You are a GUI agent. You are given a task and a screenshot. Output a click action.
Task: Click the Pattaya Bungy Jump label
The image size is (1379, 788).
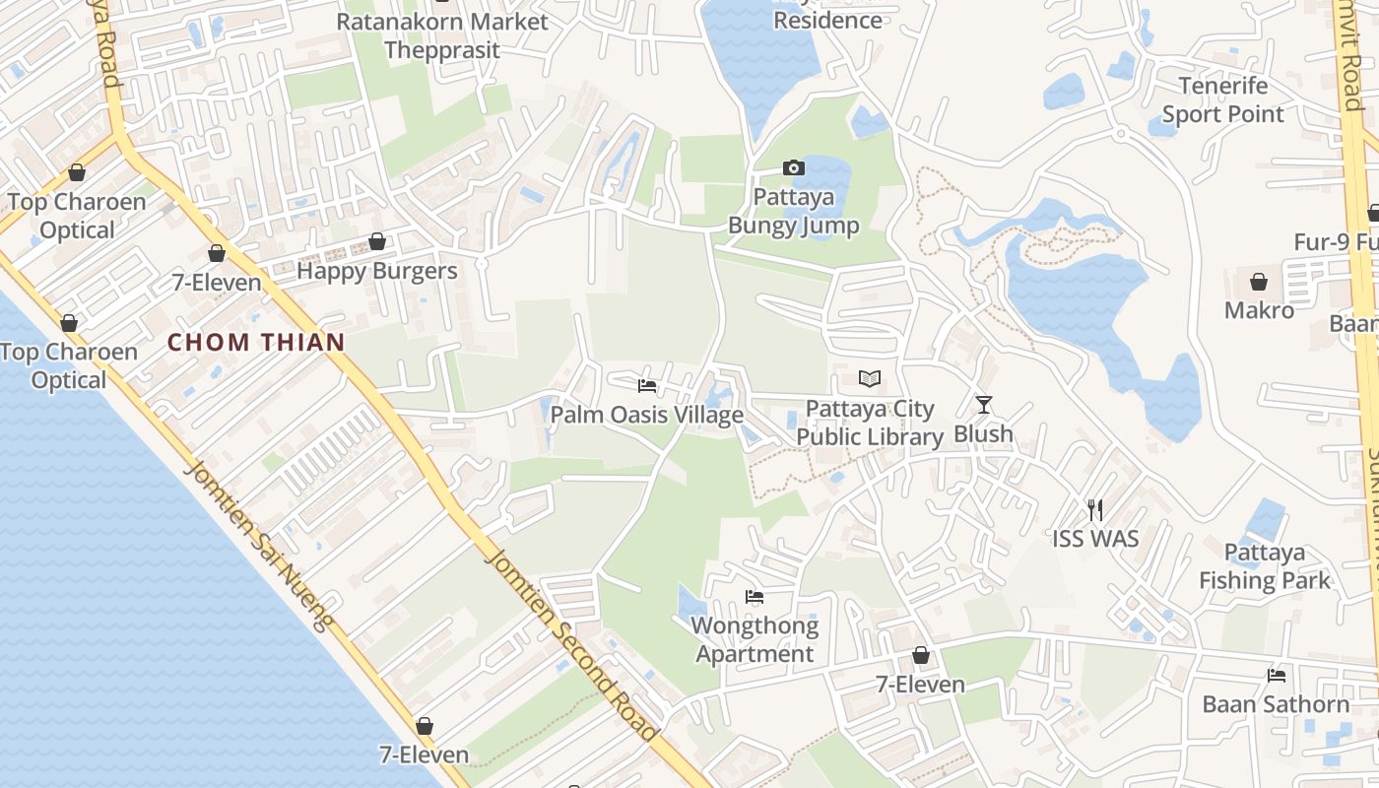pos(793,211)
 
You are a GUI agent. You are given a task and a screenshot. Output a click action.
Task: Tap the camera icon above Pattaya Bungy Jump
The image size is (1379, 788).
pos(793,168)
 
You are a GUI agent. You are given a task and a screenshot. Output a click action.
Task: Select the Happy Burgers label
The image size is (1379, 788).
pos(377,271)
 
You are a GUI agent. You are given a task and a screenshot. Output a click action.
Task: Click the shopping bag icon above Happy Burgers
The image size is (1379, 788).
pos(376,241)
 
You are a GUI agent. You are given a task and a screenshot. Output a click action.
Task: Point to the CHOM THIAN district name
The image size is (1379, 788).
pos(256,343)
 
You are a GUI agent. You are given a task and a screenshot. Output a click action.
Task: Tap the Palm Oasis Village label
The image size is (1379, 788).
pos(646,415)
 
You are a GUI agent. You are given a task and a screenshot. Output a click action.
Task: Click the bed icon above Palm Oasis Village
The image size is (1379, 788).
pos(646,385)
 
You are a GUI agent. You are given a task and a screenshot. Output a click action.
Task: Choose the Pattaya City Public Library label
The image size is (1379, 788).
pos(870,423)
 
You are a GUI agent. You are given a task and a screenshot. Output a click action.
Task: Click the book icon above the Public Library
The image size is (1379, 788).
pos(869,378)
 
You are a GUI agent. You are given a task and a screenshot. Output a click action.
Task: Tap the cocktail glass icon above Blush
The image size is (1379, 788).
pos(983,404)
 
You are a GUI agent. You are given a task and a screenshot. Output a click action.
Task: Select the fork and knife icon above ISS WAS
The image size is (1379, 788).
pos(1094,509)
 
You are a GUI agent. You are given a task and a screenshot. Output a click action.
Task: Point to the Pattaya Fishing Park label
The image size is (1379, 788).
pos(1265,566)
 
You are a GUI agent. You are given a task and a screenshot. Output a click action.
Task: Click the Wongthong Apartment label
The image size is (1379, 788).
pos(755,639)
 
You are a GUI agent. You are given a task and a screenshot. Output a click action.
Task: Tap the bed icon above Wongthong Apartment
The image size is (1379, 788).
pos(755,596)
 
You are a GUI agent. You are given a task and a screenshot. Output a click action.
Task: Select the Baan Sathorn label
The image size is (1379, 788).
pos(1276,704)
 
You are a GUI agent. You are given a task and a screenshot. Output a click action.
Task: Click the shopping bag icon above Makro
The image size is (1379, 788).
pos(1259,282)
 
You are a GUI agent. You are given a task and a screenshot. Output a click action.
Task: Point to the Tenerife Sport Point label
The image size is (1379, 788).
pos(1223,99)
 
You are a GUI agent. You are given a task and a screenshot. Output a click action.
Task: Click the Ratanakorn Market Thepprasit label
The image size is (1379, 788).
pos(442,34)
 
